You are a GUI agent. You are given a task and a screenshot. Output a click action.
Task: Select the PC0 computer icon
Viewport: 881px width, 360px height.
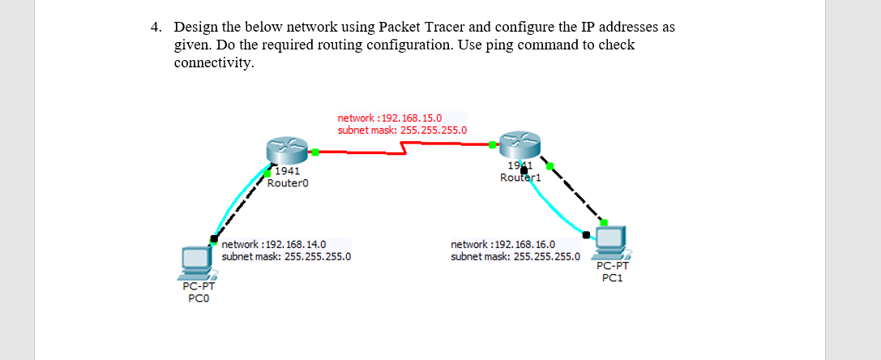pos(196,259)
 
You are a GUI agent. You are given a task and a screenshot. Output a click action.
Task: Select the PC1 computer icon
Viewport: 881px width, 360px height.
pos(611,241)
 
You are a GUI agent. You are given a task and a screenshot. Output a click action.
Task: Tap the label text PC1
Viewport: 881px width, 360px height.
pos(612,277)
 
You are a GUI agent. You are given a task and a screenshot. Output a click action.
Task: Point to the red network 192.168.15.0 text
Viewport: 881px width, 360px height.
pos(389,118)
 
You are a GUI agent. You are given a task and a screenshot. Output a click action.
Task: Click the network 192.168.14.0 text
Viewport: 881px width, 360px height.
pos(274,244)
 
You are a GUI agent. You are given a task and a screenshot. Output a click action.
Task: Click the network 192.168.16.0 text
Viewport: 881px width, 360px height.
pos(503,244)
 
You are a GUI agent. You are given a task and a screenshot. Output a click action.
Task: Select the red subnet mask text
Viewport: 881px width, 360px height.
pos(402,130)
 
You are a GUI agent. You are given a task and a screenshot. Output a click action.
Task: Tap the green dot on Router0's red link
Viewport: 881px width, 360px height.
pos(315,151)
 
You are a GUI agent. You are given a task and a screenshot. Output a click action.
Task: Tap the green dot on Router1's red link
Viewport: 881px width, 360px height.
pos(493,145)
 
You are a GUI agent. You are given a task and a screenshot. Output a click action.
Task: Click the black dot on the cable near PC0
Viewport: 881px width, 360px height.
pos(214,238)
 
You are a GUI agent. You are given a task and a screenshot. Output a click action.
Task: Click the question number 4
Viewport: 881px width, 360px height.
pos(156,28)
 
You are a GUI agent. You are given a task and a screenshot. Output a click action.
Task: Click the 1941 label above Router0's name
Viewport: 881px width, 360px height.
pos(287,171)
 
